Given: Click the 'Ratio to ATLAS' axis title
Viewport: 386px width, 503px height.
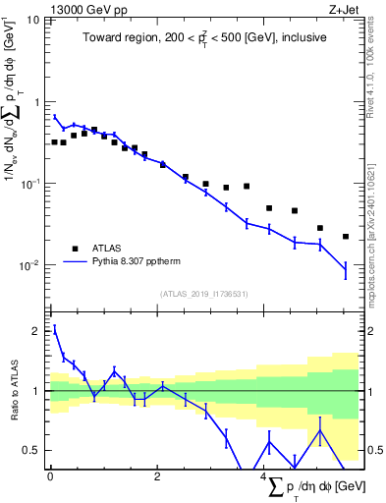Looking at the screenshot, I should pos(13,391).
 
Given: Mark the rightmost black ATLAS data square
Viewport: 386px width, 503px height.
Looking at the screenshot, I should pos(346,237).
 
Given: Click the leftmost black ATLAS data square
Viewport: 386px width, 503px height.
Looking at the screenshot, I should pos(55,142).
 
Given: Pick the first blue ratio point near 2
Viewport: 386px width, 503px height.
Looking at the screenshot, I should pos(55,329).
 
